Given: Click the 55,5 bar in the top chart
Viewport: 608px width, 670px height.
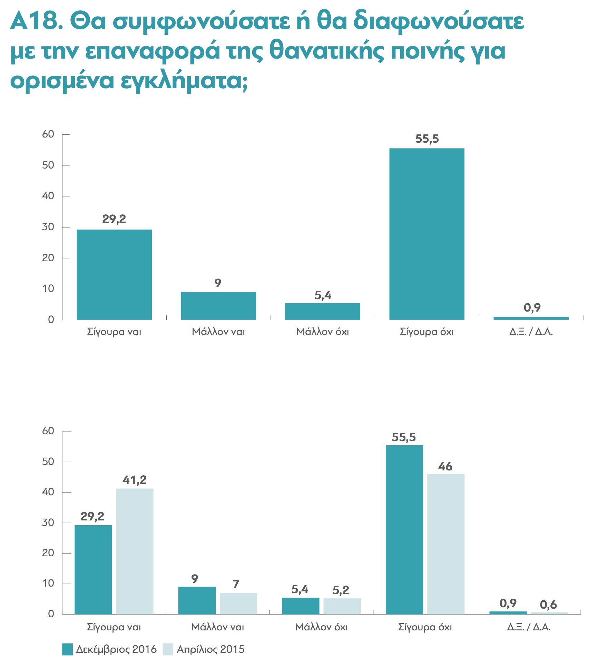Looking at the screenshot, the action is pyautogui.click(x=427, y=234).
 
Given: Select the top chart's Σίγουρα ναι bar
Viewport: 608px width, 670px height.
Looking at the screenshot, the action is pyautogui.click(x=114, y=275).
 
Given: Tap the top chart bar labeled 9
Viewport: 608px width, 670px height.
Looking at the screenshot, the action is pyautogui.click(x=218, y=306).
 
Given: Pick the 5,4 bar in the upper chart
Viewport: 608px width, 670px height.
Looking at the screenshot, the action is pyautogui.click(x=323, y=312).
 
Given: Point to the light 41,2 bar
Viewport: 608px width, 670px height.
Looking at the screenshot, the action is pyautogui.click(x=135, y=551).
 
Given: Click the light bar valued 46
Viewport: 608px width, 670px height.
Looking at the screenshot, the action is pyautogui.click(x=446, y=544).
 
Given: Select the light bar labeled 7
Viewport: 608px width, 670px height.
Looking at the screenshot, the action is pyautogui.click(x=238, y=603).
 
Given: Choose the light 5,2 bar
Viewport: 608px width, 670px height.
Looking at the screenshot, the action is pyautogui.click(x=342, y=606).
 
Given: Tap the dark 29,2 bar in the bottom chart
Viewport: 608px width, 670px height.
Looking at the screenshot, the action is pyautogui.click(x=93, y=570).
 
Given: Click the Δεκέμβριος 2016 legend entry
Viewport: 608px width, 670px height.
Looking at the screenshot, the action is pyautogui.click(x=109, y=649).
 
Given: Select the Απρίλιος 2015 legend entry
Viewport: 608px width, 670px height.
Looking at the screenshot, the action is pyautogui.click(x=204, y=649).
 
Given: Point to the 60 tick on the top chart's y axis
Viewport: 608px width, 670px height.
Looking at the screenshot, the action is pyautogui.click(x=48, y=134).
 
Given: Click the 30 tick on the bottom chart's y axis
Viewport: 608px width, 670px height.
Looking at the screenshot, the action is pyautogui.click(x=48, y=522).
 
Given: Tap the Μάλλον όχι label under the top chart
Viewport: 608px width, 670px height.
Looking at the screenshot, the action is pyautogui.click(x=323, y=332).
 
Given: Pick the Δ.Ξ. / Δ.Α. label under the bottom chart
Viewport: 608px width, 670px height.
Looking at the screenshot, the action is pyautogui.click(x=529, y=627).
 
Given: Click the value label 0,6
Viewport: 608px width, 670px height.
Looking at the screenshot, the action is pyautogui.click(x=548, y=605).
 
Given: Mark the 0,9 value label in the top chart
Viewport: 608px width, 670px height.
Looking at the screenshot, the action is pyautogui.click(x=532, y=307).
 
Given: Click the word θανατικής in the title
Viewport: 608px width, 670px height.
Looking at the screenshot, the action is pyautogui.click(x=326, y=51).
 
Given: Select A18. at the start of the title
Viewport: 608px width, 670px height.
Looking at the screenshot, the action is pyautogui.click(x=37, y=21).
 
